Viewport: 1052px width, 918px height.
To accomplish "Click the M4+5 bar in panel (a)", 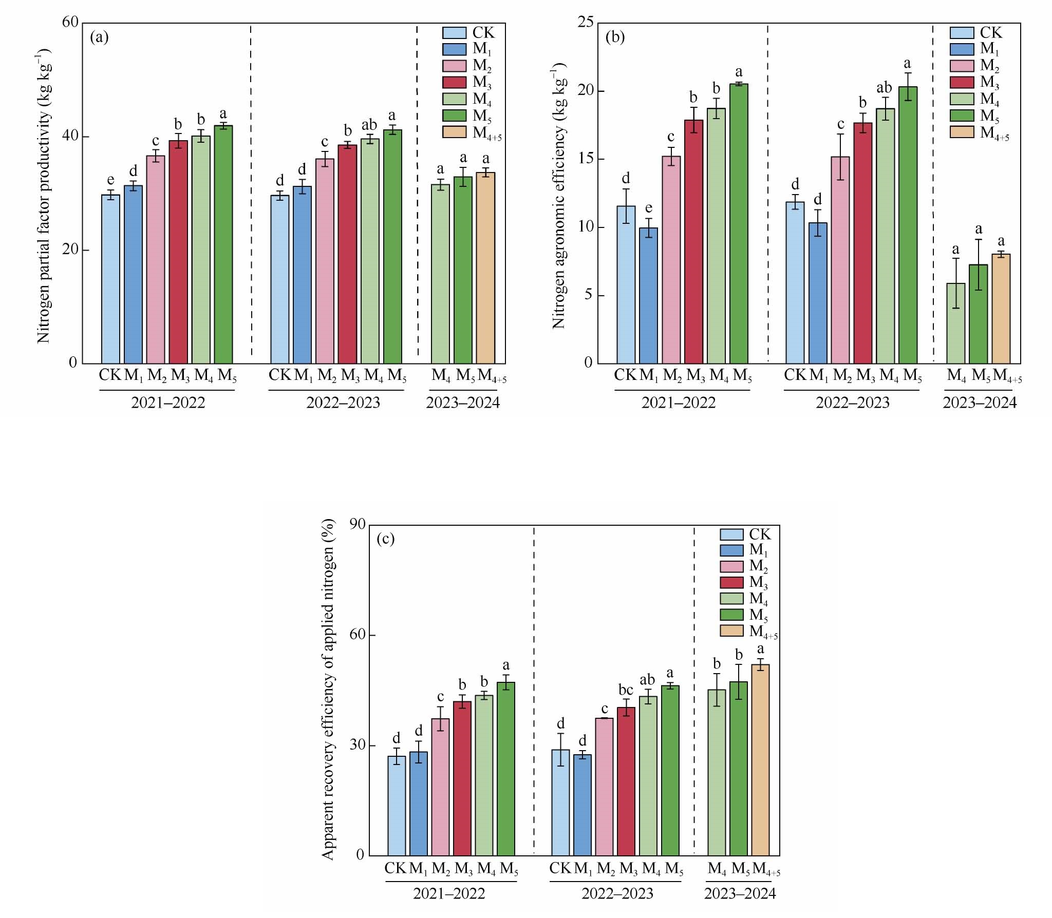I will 485,268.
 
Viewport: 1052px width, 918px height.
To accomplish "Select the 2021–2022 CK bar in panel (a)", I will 110,279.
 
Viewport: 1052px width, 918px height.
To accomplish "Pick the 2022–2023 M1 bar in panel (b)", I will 818,293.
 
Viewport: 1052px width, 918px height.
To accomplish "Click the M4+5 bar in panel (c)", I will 760,760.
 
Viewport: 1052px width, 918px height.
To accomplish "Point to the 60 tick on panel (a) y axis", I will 71,23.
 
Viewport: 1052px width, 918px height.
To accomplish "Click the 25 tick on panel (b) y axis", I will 585,23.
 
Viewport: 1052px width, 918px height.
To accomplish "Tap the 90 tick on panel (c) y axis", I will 358,525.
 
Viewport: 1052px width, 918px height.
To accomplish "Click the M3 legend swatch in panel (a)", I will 454,82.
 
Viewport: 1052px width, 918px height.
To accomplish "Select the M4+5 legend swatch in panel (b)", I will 962,131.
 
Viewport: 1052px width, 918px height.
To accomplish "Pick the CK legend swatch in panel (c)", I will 732,534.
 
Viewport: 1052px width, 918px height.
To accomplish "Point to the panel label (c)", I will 385,539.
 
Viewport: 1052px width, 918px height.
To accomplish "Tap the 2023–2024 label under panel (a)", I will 463,403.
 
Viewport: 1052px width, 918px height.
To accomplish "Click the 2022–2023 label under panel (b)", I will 853,403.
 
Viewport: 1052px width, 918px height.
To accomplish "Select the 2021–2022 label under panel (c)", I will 449,908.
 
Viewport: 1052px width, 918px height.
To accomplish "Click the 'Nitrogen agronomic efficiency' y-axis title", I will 558,195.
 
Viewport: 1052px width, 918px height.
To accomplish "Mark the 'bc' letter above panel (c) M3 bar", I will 626,690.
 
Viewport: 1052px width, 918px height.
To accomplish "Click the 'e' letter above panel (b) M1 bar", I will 649,208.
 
